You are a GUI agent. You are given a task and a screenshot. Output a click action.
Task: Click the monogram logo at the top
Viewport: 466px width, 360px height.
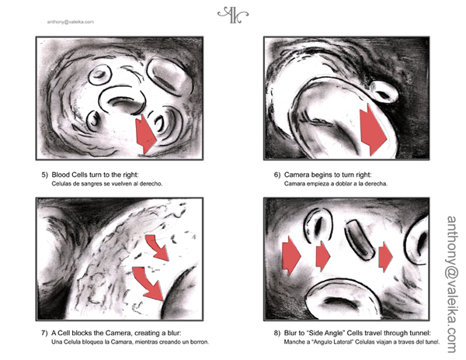(233, 15)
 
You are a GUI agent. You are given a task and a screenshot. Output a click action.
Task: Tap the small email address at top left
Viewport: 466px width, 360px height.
(71, 22)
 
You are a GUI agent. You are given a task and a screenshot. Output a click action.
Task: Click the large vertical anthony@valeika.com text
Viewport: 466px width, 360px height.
(452, 284)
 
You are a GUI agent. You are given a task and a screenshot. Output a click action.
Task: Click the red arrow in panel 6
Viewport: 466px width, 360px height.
(373, 130)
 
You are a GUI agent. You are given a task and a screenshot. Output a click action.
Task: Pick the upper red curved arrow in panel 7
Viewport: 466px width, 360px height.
(157, 247)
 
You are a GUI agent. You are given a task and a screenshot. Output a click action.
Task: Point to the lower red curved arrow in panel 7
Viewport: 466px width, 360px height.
(148, 283)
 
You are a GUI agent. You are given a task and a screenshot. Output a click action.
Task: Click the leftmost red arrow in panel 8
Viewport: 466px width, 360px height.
(291, 256)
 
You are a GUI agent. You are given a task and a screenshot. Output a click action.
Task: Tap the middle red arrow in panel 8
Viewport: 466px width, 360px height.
(323, 256)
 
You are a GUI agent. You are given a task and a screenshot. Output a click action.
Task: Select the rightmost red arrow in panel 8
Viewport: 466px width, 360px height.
(385, 257)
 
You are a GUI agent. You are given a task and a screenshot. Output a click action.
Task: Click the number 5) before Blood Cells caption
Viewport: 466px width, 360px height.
(44, 175)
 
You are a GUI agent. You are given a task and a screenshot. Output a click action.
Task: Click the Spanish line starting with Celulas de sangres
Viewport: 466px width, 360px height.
(107, 184)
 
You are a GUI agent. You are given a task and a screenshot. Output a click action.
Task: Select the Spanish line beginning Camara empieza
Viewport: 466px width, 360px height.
(336, 184)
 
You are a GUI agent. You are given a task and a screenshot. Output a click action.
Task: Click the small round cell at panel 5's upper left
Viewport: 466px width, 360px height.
(100, 74)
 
